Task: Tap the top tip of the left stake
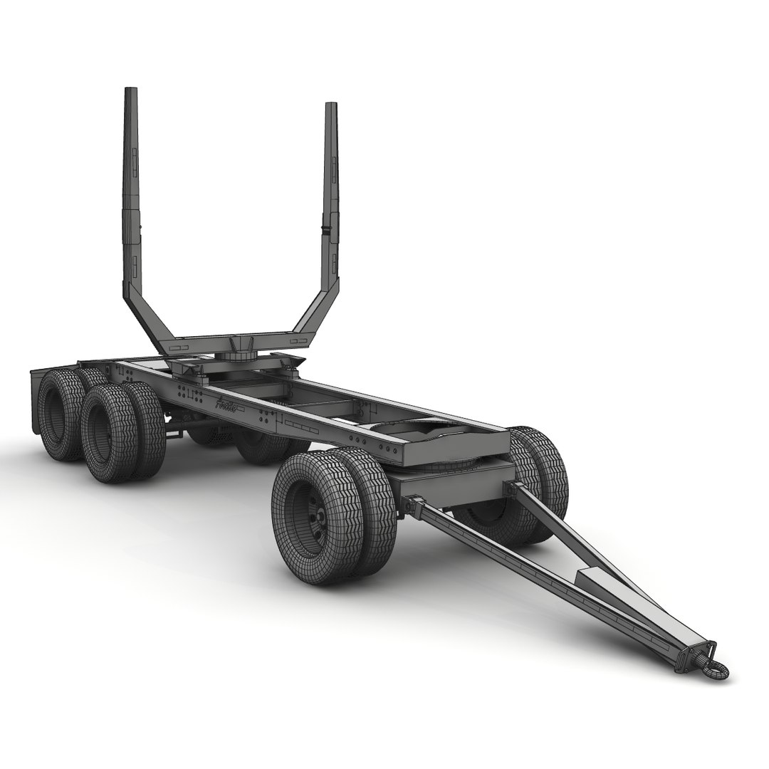(130, 91)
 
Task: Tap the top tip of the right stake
(331, 106)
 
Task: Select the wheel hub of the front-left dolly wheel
(313, 513)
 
